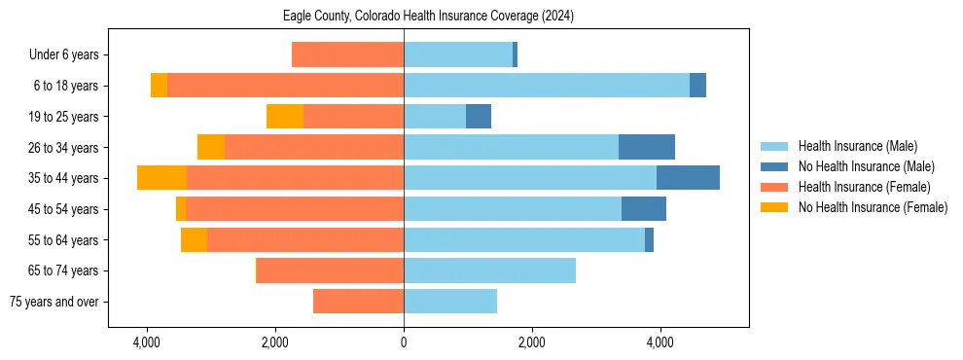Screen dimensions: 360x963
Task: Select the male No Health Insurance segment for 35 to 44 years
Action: (x=688, y=178)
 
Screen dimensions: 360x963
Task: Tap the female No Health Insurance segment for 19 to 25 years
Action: (x=285, y=117)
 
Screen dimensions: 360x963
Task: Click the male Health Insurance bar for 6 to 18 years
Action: (x=547, y=86)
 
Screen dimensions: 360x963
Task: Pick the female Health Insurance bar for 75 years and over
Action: (x=358, y=302)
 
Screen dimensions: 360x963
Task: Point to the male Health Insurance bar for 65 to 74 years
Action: (x=489, y=270)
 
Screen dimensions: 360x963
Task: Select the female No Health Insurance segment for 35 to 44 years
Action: (x=161, y=178)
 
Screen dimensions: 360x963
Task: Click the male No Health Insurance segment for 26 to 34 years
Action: (x=647, y=147)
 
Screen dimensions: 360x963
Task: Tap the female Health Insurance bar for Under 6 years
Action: (x=347, y=55)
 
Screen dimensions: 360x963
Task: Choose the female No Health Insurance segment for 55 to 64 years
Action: (x=194, y=239)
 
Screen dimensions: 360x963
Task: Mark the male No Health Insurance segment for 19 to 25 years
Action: (x=479, y=117)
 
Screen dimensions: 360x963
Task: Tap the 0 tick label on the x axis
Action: (x=404, y=342)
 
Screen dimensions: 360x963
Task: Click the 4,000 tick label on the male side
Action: (x=660, y=342)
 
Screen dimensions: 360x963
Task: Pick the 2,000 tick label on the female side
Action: (x=275, y=342)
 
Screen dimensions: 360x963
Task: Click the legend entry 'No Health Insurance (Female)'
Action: (x=873, y=207)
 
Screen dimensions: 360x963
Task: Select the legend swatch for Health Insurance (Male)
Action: (x=774, y=146)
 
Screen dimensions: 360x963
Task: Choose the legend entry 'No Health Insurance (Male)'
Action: (x=866, y=166)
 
